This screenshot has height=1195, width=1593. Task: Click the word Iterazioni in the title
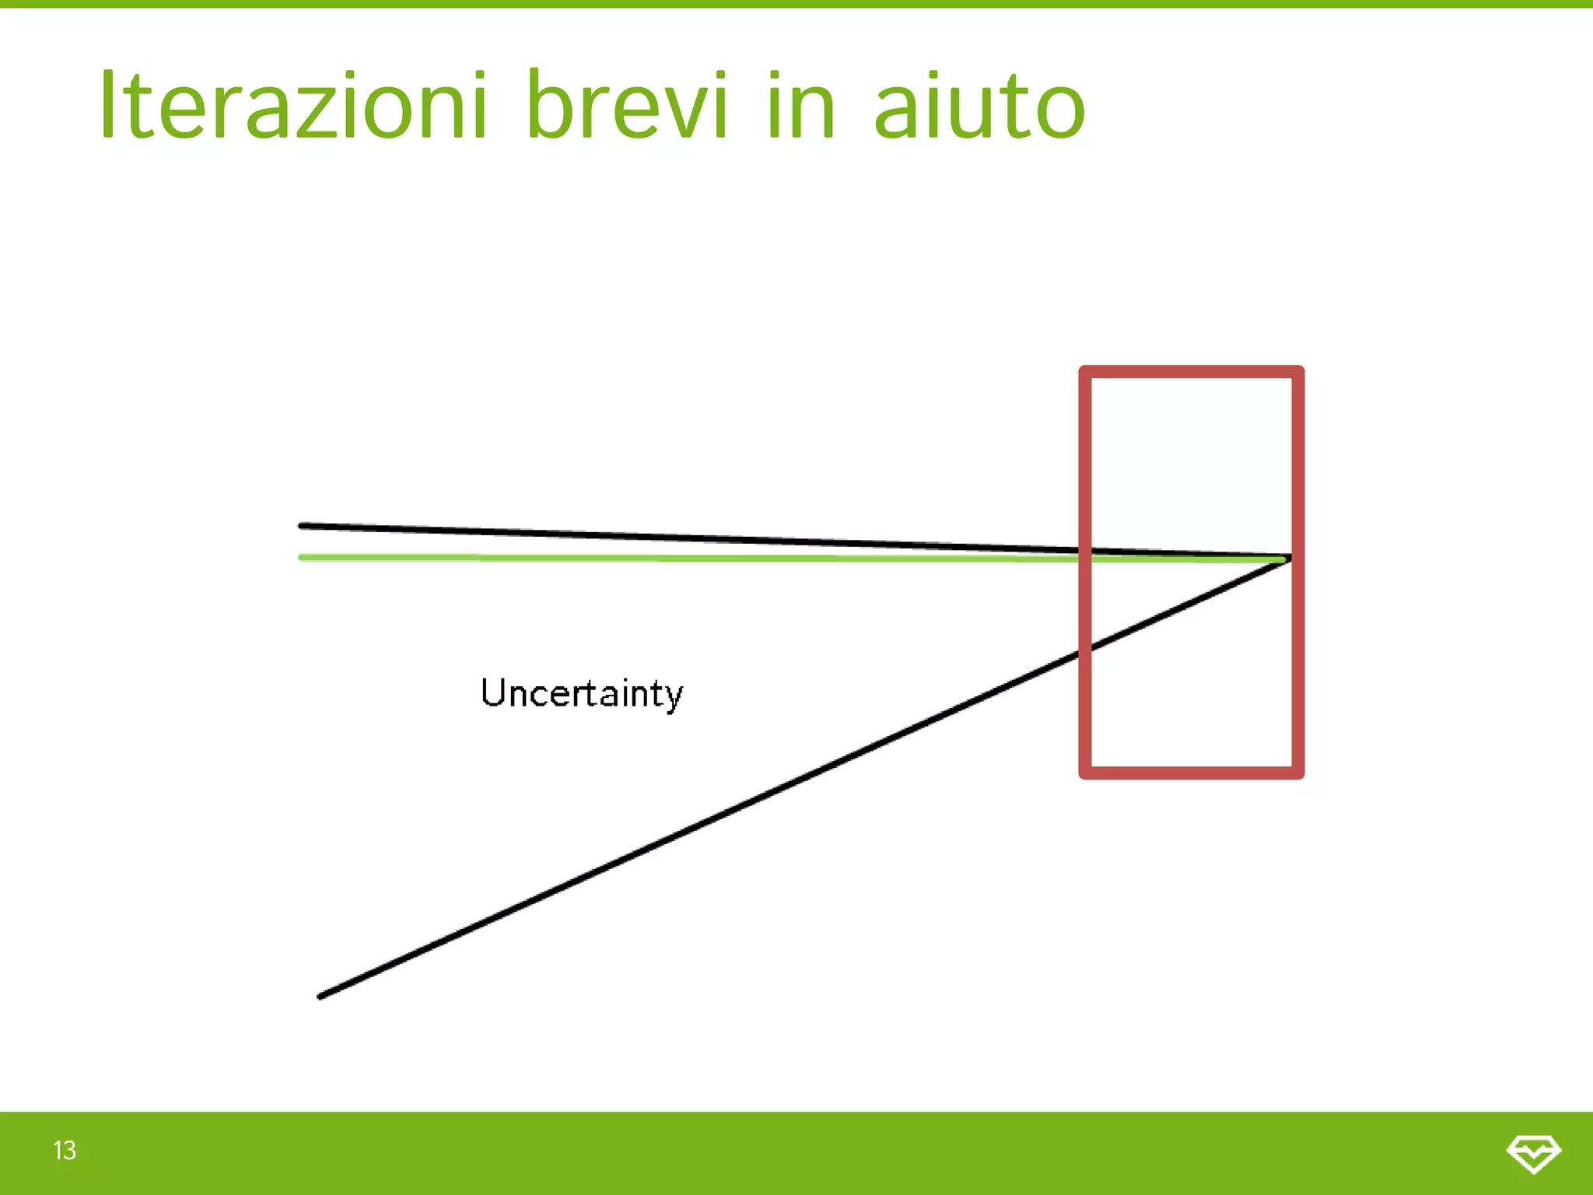coord(292,105)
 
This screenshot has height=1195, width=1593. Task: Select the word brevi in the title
coord(627,105)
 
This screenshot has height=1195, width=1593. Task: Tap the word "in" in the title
coord(801,105)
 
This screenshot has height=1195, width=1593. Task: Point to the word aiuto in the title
coord(979,105)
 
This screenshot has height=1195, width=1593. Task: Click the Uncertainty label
coord(581,693)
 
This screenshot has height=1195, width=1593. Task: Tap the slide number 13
coord(65,1150)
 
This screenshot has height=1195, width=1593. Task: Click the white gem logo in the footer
coord(1533,1153)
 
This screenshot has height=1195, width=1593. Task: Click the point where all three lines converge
coord(1287,559)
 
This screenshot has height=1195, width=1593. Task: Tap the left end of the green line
coord(302,557)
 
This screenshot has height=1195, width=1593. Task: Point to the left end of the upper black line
coord(302,526)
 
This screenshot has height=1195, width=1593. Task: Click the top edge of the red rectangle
coord(1191,372)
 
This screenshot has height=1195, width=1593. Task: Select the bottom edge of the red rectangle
coord(1191,773)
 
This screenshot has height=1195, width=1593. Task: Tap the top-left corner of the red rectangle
coord(1085,372)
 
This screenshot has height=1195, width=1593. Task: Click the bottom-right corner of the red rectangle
coord(1297,773)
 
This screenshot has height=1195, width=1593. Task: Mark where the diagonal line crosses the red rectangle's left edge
coord(1085,650)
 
